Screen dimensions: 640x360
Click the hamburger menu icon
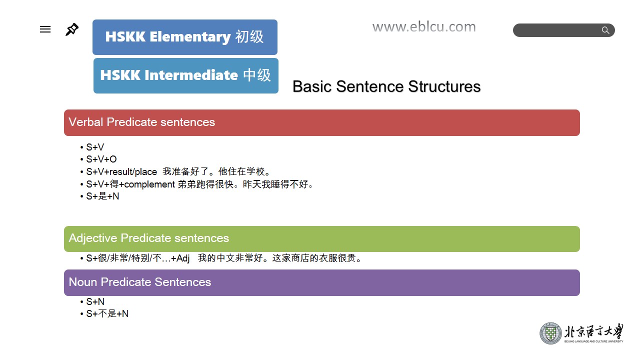[x=45, y=29]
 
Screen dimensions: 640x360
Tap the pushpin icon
[x=71, y=29]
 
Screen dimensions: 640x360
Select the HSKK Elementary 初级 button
[x=185, y=37]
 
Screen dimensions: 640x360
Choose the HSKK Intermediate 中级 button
[x=186, y=75]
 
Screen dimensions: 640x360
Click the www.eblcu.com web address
[x=424, y=27]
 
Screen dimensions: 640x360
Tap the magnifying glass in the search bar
[x=605, y=30]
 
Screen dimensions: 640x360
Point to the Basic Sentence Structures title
[x=386, y=86]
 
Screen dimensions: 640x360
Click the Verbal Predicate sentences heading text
[x=141, y=122]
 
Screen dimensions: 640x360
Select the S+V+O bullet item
[x=101, y=159]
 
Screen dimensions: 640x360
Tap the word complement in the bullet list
[x=149, y=184]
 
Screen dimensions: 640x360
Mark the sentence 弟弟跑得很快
[x=207, y=184]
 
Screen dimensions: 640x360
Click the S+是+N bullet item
[x=102, y=196]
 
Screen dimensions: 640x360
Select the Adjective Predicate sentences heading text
[x=149, y=238]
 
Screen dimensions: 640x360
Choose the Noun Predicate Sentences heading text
[x=140, y=282]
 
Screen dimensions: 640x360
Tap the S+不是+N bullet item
[x=107, y=313]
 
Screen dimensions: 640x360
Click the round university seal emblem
[x=550, y=333]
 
